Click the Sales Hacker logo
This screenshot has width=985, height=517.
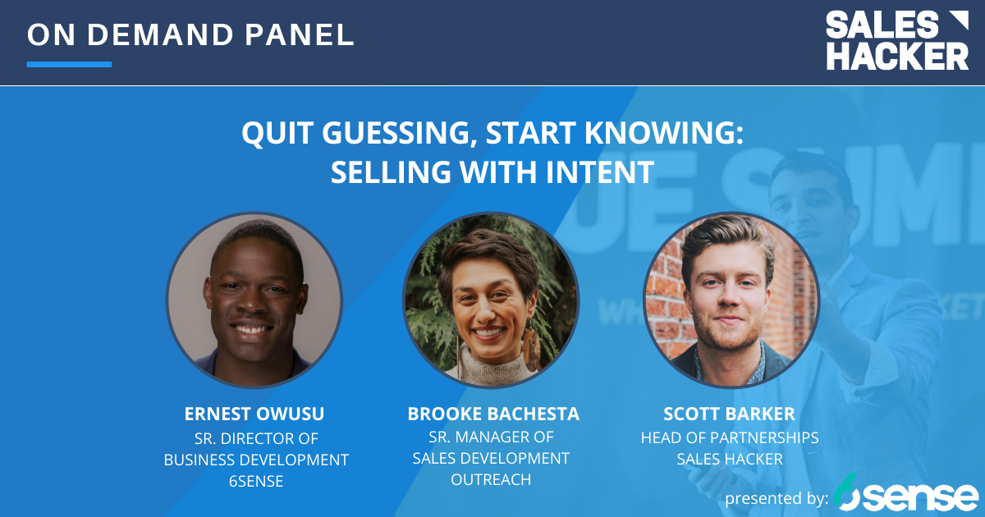(x=896, y=40)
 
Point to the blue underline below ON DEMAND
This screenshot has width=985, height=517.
(x=69, y=64)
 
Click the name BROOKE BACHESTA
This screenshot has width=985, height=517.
(x=493, y=414)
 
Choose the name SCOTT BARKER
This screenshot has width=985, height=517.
(x=730, y=414)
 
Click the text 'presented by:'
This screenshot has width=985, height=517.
(x=776, y=498)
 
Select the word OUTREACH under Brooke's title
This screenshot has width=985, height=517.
(x=491, y=479)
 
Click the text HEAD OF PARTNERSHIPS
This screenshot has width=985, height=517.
(x=730, y=437)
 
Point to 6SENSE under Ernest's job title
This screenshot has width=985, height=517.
(x=256, y=482)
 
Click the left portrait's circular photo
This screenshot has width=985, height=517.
(x=254, y=300)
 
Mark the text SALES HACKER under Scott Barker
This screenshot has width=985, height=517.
(x=730, y=459)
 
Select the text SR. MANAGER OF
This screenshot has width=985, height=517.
(x=491, y=437)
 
